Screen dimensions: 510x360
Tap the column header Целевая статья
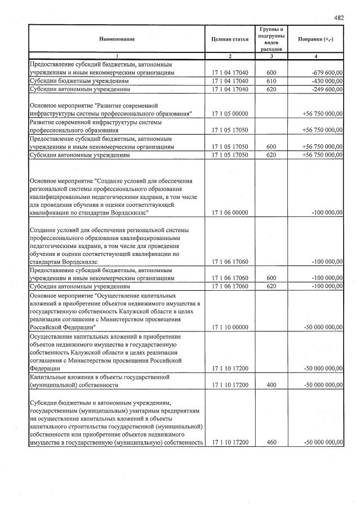pos(229,39)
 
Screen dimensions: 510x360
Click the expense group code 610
pos(271,81)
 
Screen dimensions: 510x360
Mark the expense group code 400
pos(271,385)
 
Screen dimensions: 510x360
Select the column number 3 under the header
pos(271,56)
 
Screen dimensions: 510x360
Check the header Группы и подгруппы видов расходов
pos(271,39)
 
